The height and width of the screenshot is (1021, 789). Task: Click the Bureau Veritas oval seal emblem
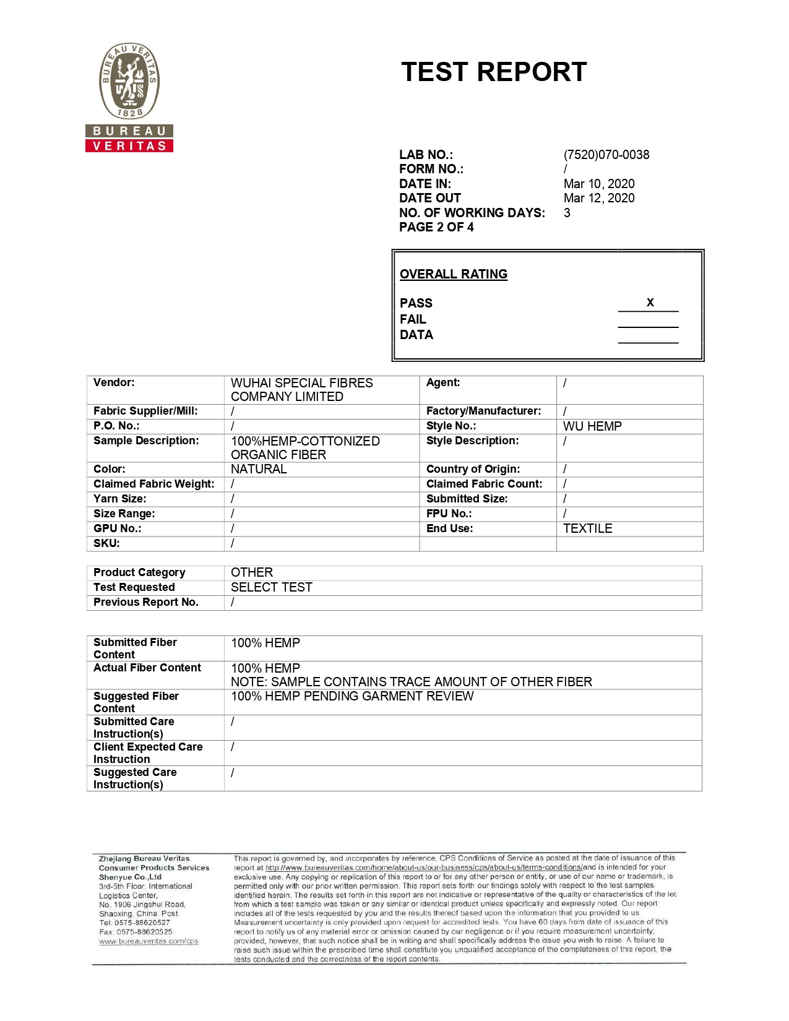coord(130,81)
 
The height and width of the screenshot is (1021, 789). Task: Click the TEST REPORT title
coord(494,72)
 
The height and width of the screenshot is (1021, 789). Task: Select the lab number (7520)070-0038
coord(606,155)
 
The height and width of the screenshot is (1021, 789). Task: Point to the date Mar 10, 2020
coord(598,184)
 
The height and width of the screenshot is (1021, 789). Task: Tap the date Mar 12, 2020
coord(598,198)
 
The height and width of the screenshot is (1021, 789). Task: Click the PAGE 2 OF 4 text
coord(436,227)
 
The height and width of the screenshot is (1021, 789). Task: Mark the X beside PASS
coord(650,303)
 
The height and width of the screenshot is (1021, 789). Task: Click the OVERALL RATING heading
coord(453,274)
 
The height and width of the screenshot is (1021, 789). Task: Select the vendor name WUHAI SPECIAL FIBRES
coord(301,383)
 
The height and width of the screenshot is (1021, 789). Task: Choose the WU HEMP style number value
coord(592,426)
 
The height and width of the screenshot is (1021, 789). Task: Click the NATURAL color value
coord(259,469)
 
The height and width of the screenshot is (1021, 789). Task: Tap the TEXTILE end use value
coord(587,528)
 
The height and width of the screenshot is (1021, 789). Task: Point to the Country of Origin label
coord(473,469)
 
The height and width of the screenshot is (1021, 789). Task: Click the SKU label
coord(106,543)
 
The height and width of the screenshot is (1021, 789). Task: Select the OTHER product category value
coord(251,572)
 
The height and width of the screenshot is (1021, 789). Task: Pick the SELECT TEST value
coord(271,587)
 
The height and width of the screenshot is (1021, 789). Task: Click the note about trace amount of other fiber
coord(411,682)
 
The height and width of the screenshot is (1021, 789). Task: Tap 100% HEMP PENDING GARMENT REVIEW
coord(352,696)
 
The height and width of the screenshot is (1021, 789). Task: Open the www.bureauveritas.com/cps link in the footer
coord(149,941)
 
